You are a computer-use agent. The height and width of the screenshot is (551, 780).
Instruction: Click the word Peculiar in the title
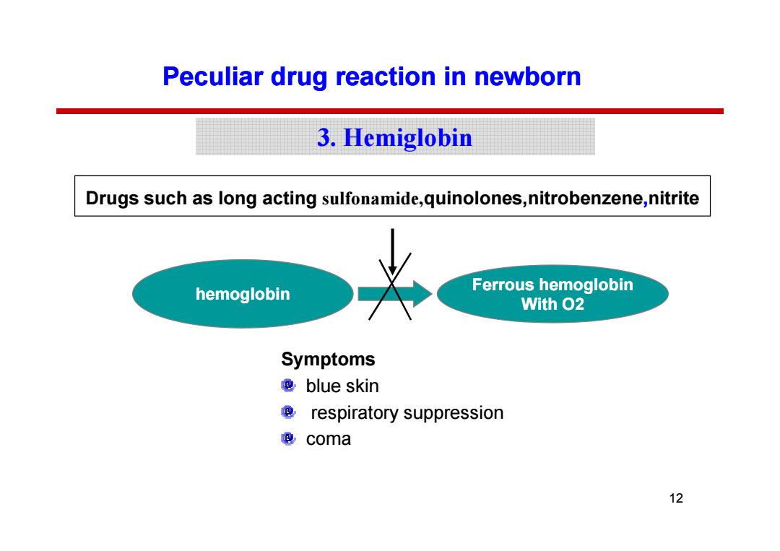[x=213, y=77]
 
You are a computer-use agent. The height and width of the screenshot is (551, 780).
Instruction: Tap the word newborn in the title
[x=527, y=77]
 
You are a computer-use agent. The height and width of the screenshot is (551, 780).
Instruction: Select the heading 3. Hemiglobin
[x=394, y=137]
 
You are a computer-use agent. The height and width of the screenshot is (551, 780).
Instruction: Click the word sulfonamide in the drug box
[x=370, y=199]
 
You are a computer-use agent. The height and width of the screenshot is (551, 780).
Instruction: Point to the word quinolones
[x=472, y=199]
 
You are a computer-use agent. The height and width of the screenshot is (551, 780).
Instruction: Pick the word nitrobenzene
[x=585, y=198]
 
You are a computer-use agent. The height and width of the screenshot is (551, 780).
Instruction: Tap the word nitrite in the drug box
[x=674, y=198]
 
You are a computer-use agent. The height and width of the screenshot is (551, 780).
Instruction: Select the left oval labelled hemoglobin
[x=243, y=294]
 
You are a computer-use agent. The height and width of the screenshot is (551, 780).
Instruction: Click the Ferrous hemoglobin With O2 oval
[x=552, y=294]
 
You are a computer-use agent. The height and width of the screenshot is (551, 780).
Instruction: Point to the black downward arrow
[x=392, y=251]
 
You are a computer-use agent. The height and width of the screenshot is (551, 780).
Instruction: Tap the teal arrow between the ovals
[x=394, y=294]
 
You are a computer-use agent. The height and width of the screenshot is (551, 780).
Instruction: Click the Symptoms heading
[x=328, y=359]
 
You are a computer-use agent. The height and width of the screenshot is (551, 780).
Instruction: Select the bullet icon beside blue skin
[x=288, y=386]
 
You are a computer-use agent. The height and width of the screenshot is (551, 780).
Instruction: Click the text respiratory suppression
[x=407, y=413]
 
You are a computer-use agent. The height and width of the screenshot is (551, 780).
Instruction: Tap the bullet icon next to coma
[x=288, y=438]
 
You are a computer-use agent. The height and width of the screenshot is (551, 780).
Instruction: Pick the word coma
[x=329, y=440]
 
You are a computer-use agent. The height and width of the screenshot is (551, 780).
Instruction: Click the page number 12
[x=676, y=498]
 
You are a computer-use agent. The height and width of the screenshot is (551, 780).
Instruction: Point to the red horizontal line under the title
[x=389, y=111]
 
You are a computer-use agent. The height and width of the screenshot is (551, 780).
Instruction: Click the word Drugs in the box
[x=112, y=199]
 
